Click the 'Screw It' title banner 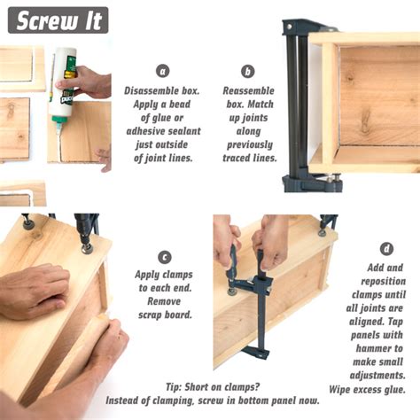[x=58, y=20]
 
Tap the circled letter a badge [x=163, y=71]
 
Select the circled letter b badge [x=248, y=71]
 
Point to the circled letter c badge [x=165, y=257]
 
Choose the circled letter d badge [x=386, y=249]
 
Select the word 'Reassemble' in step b [x=248, y=90]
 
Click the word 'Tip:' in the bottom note [x=174, y=387]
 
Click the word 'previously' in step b [x=250, y=145]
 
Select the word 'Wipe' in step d [x=339, y=389]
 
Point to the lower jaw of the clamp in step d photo [x=255, y=353]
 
